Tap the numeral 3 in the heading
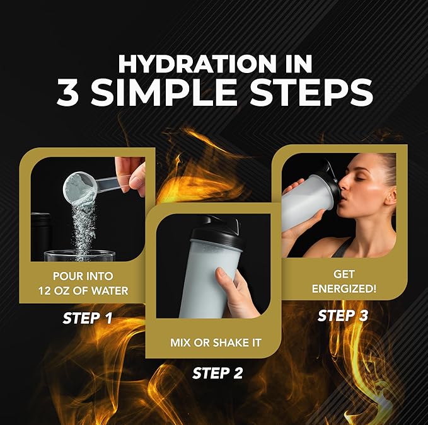pos(71,92)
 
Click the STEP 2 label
pos(217,373)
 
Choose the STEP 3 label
pos(343,315)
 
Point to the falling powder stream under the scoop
pos(84,227)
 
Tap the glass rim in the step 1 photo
pos(79,254)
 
